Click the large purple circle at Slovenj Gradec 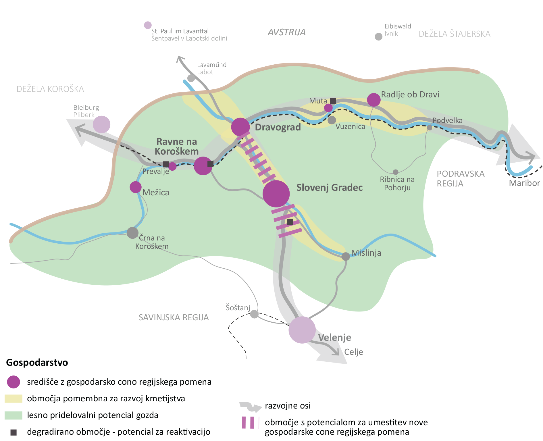[x=276, y=194]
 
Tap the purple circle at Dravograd [x=240, y=127]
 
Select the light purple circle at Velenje [x=302, y=330]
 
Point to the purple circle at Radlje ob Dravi [x=374, y=100]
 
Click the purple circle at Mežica [x=136, y=187]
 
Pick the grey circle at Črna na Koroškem [x=132, y=233]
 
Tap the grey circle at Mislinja [x=346, y=256]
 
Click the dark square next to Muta [x=333, y=101]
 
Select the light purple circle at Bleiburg [x=101, y=124]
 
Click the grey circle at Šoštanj [x=254, y=314]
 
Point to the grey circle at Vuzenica [x=332, y=120]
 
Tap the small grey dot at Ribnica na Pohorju [x=396, y=172]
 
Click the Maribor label [x=524, y=183]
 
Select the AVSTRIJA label [x=287, y=32]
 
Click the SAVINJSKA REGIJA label [x=174, y=317]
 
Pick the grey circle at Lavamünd [x=191, y=78]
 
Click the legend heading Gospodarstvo [x=37, y=363]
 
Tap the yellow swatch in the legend [x=14, y=398]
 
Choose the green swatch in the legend [x=14, y=415]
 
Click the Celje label [x=354, y=352]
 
